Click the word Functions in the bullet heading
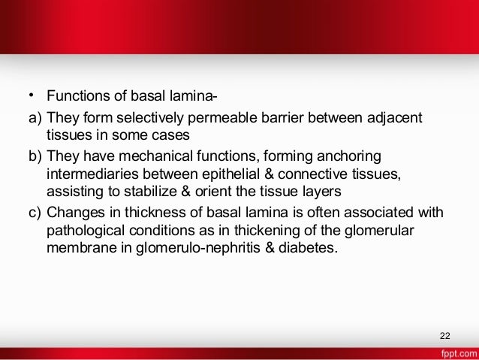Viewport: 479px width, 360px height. coord(74,98)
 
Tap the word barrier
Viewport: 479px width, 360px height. coord(282,119)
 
